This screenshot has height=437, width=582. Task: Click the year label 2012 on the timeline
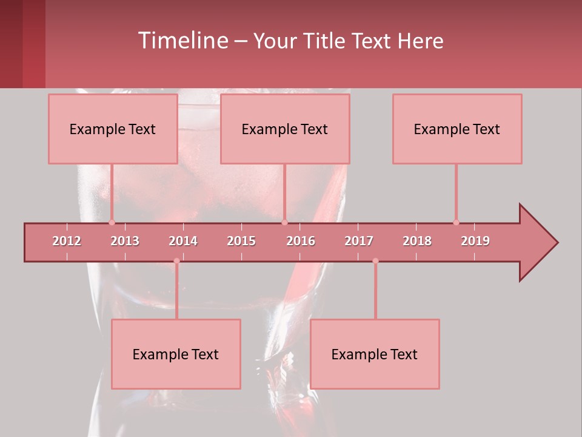pos(67,241)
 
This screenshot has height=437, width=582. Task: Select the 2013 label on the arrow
pos(125,241)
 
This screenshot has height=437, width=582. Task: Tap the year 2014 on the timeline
pos(183,241)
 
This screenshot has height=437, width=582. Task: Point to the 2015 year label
pos(241,241)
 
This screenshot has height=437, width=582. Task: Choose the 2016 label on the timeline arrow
pos(301,241)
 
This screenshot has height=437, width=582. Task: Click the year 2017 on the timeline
pos(359,241)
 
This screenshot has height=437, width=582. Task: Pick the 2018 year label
pos(417,241)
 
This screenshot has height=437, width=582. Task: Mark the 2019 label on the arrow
pos(475,241)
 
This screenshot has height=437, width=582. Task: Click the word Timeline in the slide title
pos(182,41)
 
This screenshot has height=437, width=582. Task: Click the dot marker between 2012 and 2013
pos(112,222)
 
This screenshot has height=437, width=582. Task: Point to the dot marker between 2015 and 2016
pos(284,222)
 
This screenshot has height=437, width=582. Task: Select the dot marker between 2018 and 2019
pos(456,222)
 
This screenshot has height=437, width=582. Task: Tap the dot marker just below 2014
pos(176,261)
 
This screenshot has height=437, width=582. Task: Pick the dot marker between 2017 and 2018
pos(375,261)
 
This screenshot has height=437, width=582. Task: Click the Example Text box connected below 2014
pos(176,354)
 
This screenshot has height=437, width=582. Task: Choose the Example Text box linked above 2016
pos(285,129)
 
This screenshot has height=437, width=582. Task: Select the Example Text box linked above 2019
pos(457,129)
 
